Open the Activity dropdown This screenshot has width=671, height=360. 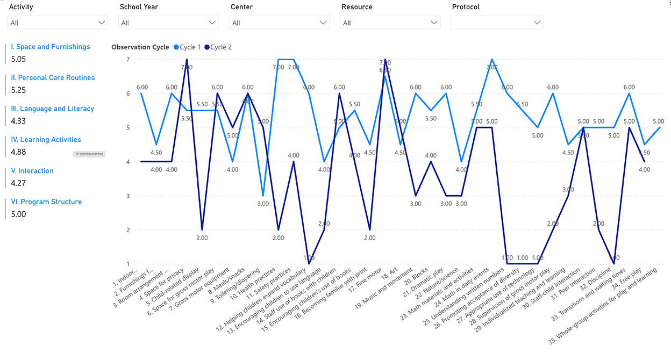pos(58,23)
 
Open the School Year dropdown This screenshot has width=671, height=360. pos(169,23)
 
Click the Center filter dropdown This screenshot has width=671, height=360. pos(279,23)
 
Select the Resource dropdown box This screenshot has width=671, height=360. pos(390,23)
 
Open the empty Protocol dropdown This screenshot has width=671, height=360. pos(497,23)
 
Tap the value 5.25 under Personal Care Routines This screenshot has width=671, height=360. pos(18,90)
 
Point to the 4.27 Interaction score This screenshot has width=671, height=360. pos(18,183)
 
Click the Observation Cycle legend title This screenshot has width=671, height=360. pos(140,47)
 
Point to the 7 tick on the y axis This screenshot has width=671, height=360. pos(128,59)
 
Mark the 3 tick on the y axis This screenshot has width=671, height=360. pos(128,196)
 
